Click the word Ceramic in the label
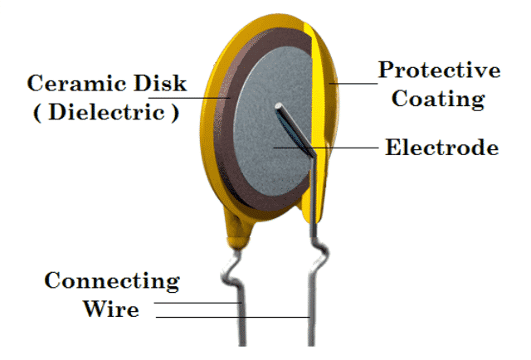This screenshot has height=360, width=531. [x=69, y=84]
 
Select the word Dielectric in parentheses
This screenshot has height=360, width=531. [x=105, y=113]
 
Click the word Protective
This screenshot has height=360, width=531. [x=439, y=70]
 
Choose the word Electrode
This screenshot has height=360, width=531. [x=442, y=148]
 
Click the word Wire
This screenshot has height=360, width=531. [x=110, y=310]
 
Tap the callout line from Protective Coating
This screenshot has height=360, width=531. [x=357, y=84]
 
